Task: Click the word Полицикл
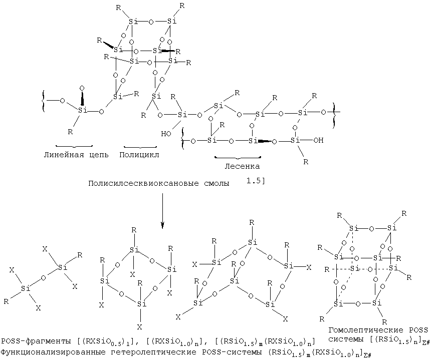coord(139,155)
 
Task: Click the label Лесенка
coord(242,166)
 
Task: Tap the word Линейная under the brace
coord(64,155)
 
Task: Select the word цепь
coord(99,155)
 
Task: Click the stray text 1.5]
coord(255,181)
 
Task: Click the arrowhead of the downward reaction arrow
coord(162,225)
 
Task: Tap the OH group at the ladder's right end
coord(318,140)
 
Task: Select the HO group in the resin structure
coord(166,134)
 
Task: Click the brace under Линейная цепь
coord(74,146)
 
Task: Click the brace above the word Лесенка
coord(238,158)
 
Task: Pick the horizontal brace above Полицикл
coord(140,147)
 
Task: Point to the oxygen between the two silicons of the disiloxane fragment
coord(43,278)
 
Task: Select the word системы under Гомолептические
coord(346,339)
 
